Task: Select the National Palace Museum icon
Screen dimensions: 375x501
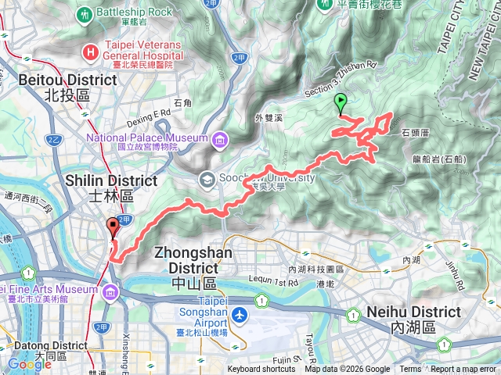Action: pyautogui.click(x=219, y=139)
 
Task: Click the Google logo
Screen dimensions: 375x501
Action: pyautogui.click(x=29, y=364)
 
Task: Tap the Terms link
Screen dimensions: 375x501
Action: pyautogui.click(x=410, y=370)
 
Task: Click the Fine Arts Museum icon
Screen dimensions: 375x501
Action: pyautogui.click(x=110, y=292)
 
